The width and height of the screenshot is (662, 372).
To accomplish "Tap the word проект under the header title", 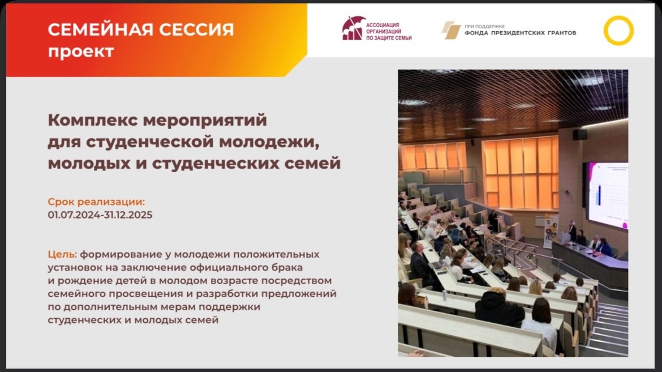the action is click(81, 52).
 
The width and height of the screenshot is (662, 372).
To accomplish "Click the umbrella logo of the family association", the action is click(354, 28).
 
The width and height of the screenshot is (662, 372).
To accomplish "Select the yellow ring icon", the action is click(618, 31).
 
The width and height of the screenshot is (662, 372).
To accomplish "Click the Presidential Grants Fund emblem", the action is click(451, 30).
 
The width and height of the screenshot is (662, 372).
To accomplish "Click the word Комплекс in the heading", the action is click(92, 121).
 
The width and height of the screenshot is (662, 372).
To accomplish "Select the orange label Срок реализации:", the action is click(96, 202).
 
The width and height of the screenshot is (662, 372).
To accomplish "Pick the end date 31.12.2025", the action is click(128, 215).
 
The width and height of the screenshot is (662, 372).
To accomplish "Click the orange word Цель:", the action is click(62, 254).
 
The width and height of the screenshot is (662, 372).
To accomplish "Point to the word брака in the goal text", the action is click(289, 268).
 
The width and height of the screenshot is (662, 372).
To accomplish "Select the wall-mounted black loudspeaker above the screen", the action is click(580, 134).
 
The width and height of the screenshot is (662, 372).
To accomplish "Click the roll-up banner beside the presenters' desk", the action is click(551, 231).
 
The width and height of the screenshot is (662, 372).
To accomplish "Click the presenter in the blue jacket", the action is click(604, 247).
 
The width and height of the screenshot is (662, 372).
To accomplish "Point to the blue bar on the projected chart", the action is click(599, 195).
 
